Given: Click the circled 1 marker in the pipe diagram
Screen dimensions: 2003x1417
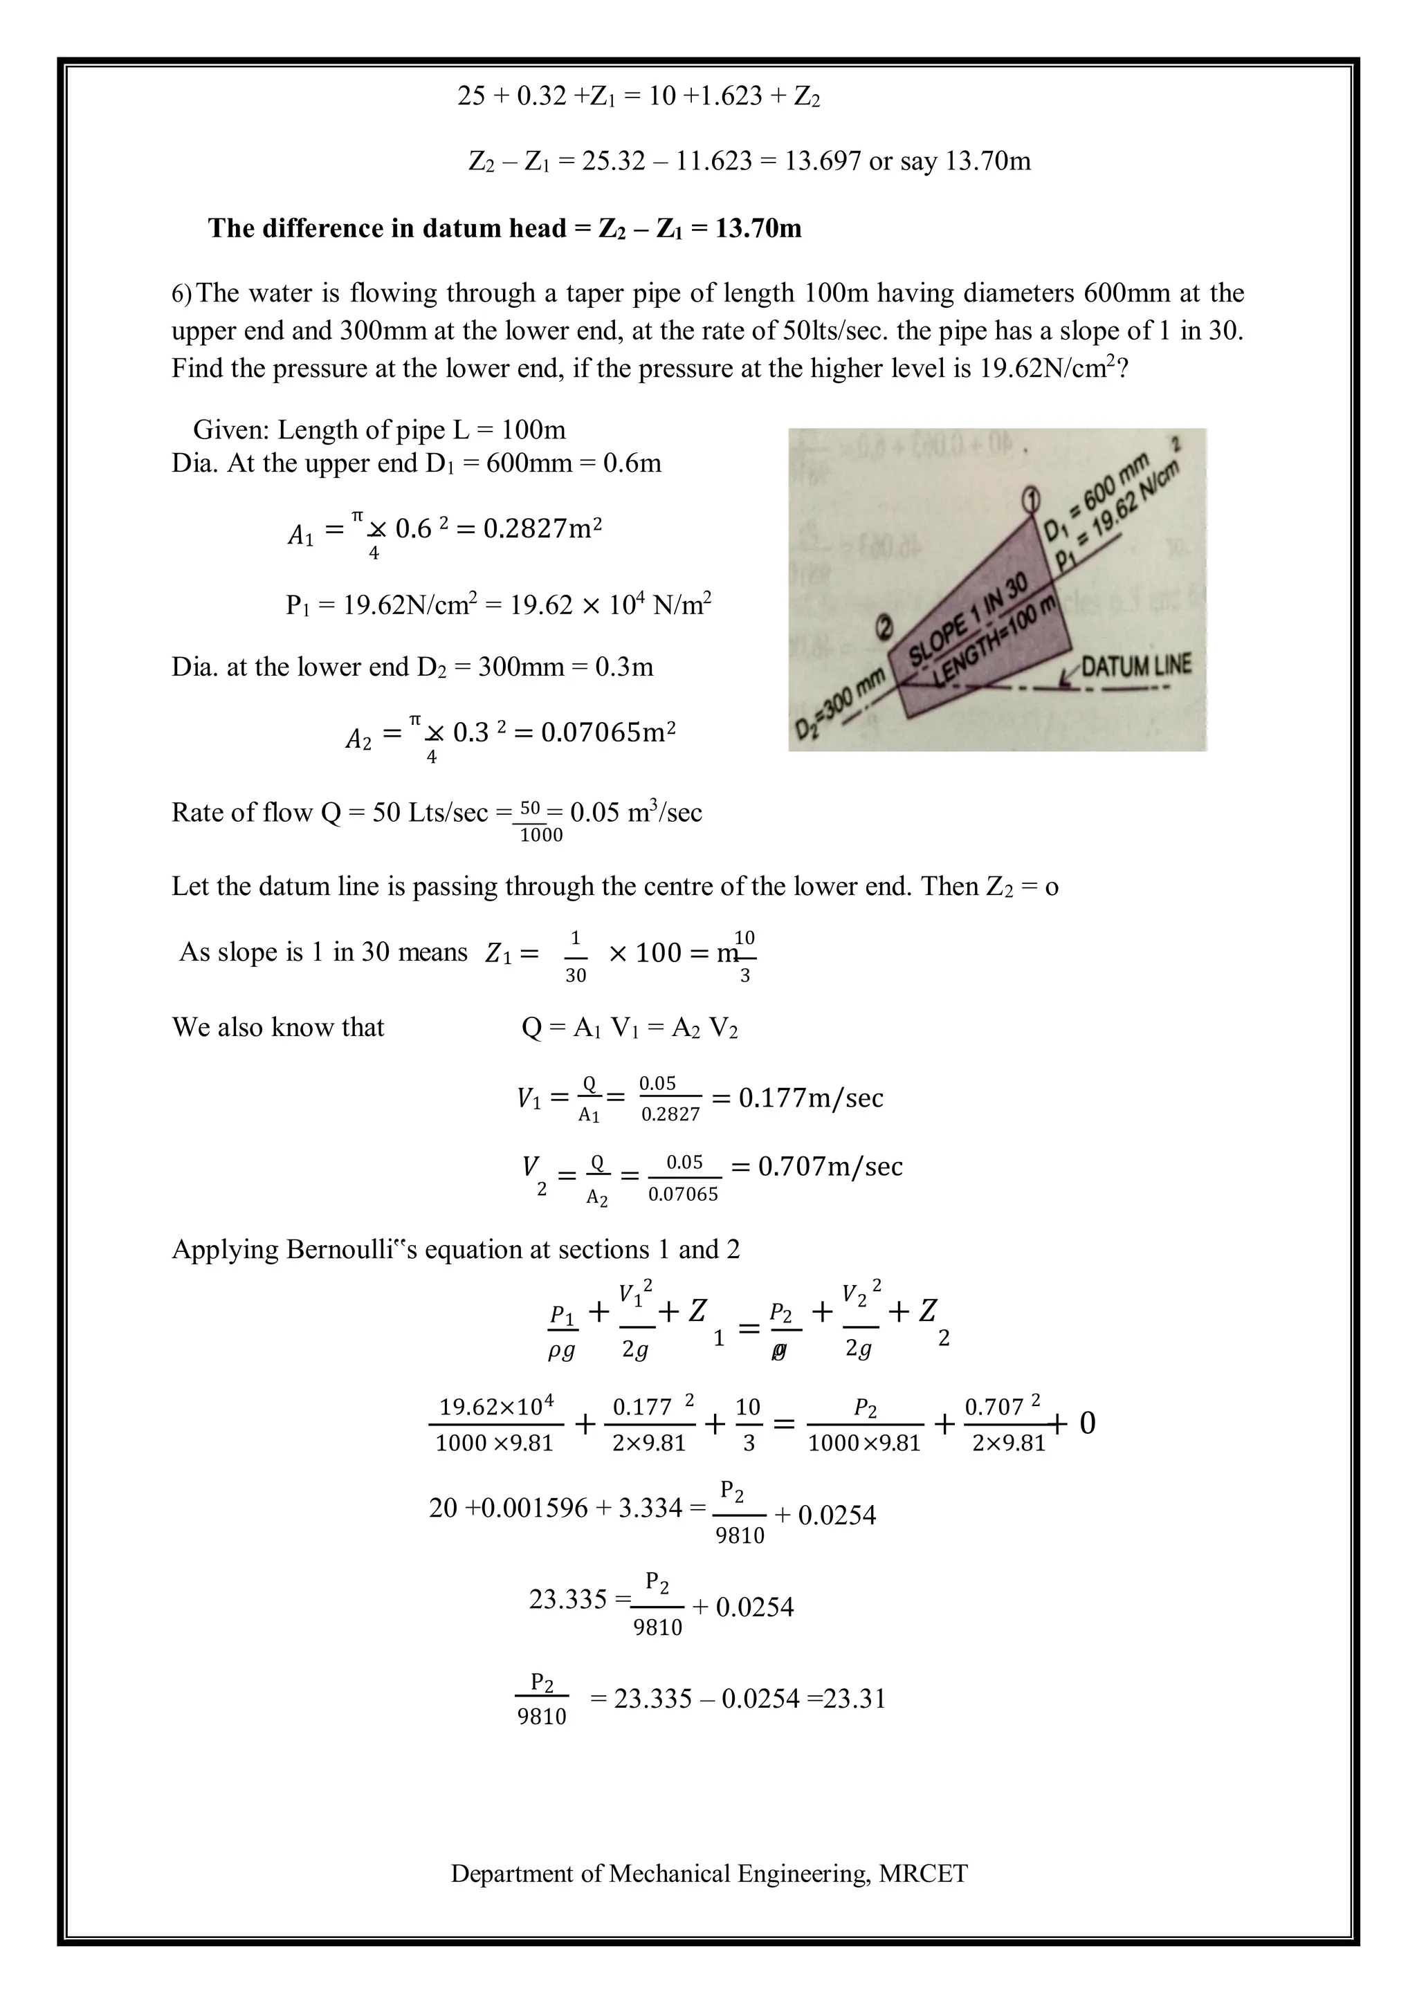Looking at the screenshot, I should (1030, 498).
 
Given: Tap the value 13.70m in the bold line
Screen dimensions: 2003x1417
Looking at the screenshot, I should (758, 228).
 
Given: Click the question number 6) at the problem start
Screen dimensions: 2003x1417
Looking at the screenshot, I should (183, 293).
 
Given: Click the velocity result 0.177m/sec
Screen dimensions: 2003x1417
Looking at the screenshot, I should (811, 1098).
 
